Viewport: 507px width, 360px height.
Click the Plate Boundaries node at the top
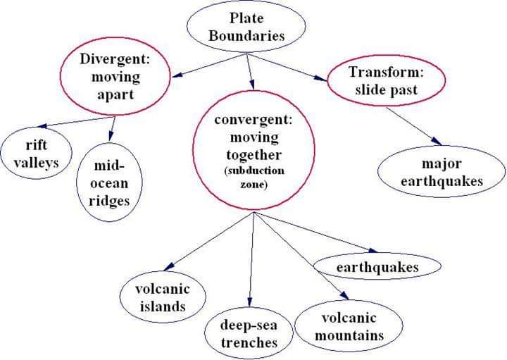246,27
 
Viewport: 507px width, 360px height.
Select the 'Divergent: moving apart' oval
115,76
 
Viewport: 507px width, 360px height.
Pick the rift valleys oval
36,154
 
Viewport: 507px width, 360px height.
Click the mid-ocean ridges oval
111,181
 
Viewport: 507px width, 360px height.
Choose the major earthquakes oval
442,173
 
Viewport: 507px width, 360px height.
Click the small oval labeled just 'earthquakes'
377,267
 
